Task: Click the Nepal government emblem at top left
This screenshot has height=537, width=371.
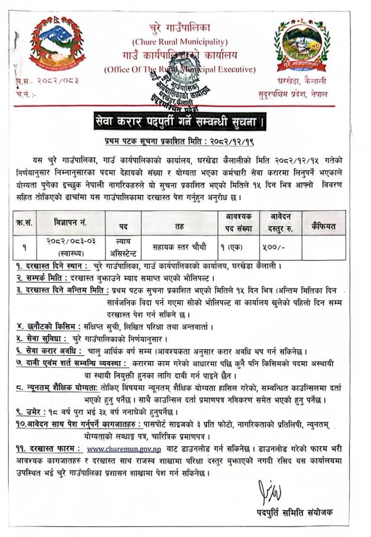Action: coord(56,42)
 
